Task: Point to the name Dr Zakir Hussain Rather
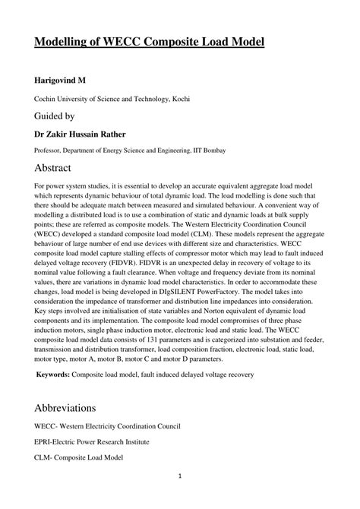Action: [x=87, y=134]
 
